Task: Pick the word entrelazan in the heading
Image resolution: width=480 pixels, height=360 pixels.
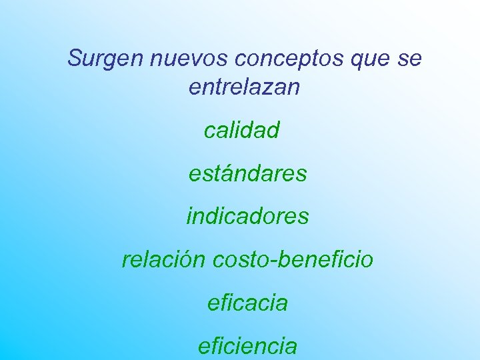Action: point(245,87)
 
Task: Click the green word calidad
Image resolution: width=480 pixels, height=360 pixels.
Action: point(242,131)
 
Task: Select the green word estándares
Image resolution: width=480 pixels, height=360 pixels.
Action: point(247,174)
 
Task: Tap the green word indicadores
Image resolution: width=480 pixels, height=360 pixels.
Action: point(247,216)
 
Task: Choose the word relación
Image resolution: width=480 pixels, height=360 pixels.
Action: point(164,259)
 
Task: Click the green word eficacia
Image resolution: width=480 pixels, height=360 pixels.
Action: point(247,303)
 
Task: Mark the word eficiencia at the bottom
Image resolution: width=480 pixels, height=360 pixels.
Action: point(247,345)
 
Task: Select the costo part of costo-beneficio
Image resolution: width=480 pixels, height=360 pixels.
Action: point(240,259)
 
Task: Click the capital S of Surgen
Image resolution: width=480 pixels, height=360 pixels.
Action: point(75,59)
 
